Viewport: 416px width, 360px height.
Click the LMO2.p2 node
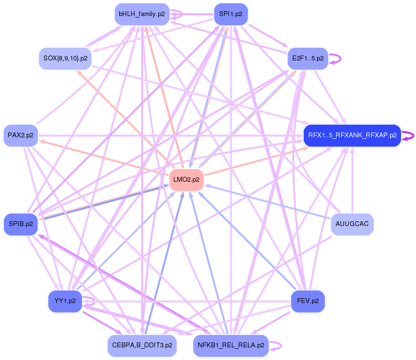point(187,180)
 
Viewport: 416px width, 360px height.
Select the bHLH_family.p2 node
point(142,15)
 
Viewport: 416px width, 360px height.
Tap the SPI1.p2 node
point(231,14)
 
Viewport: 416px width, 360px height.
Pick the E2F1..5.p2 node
point(307,58)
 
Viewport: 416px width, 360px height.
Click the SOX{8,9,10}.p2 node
point(65,58)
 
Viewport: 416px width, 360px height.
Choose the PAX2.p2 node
point(20,135)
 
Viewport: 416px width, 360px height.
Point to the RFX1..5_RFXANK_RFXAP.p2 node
point(352,135)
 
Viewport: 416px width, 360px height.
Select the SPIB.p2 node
point(20,224)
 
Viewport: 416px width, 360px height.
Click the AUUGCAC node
point(352,225)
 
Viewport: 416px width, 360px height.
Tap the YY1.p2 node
point(65,301)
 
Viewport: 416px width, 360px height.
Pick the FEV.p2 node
point(307,301)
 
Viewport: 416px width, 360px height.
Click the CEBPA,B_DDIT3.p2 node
point(142,345)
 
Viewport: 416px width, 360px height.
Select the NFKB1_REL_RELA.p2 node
point(231,345)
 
